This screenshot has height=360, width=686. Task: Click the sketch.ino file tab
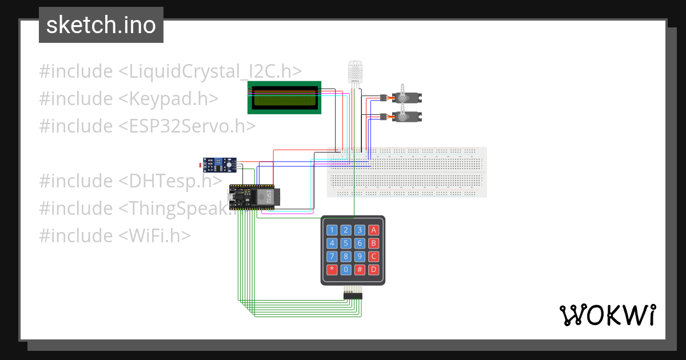coord(101,25)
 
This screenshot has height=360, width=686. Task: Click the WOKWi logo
coord(607,315)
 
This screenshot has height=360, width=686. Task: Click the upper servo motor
coord(405,97)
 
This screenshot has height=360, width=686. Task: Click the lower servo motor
coord(405,116)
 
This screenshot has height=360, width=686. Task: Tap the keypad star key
coord(332,269)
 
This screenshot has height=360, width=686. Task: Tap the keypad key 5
coord(346,243)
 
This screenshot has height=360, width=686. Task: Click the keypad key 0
coord(346,269)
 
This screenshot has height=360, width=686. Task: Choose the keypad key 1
coord(332,230)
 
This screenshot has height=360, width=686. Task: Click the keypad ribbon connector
coord(353,294)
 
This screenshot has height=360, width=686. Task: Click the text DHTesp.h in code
coord(170,181)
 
